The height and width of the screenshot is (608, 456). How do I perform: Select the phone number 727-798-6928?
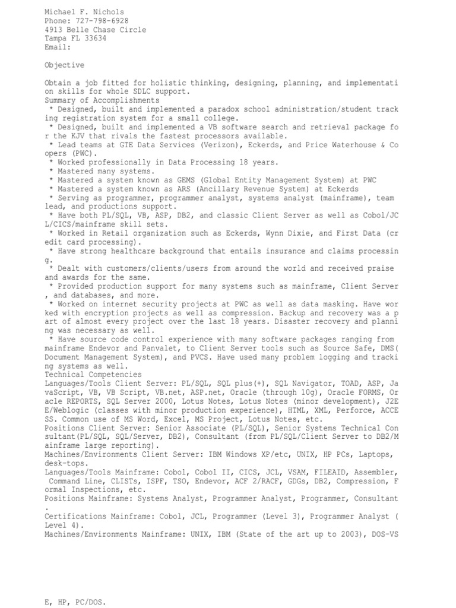[x=102, y=21]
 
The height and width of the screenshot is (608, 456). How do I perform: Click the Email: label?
[x=58, y=47]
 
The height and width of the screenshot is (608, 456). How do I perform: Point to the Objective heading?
[x=64, y=65]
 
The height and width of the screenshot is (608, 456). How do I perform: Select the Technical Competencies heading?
[x=93, y=375]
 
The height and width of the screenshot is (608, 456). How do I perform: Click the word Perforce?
[x=346, y=410]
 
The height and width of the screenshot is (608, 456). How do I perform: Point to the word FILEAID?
[x=326, y=471]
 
